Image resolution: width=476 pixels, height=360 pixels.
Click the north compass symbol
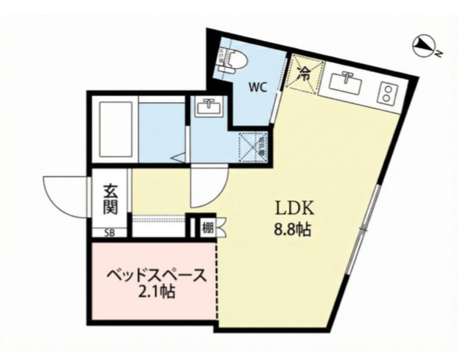423,46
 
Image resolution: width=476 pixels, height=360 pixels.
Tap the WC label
257,88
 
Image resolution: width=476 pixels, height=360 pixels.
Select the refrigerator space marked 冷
304,74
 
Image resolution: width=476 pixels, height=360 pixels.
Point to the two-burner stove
387,93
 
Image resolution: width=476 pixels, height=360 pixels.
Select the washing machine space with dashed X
253,146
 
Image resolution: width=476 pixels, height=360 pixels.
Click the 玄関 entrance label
110,199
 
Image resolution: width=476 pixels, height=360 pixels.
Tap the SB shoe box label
109,233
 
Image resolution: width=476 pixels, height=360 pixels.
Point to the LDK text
293,209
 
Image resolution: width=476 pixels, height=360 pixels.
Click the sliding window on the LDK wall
364,228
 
